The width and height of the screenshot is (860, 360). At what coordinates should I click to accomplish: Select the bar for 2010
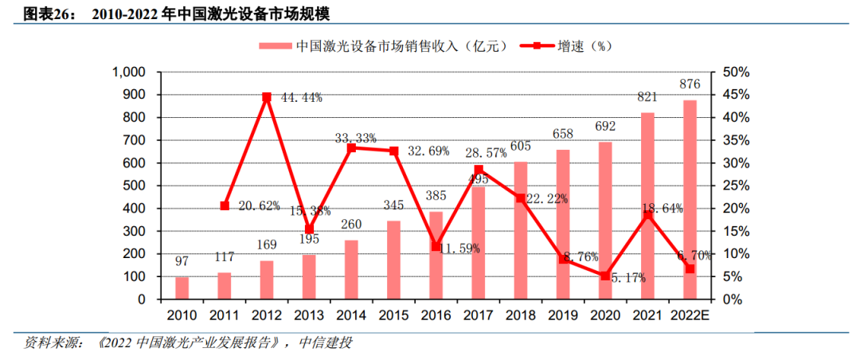click(182, 288)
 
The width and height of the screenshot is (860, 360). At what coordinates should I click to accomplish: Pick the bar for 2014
click(351, 269)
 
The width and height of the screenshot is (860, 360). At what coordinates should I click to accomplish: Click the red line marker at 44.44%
click(267, 97)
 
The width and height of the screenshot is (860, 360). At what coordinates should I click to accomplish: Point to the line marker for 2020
click(605, 276)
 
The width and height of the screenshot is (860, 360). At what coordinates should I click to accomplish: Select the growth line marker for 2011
click(225, 205)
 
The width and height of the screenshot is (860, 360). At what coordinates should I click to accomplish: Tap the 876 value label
click(690, 84)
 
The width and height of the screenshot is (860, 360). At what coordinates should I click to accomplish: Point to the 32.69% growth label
click(428, 151)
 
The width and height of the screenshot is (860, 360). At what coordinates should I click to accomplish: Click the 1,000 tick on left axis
click(127, 72)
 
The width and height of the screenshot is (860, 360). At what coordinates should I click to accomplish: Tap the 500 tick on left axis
click(131, 186)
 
